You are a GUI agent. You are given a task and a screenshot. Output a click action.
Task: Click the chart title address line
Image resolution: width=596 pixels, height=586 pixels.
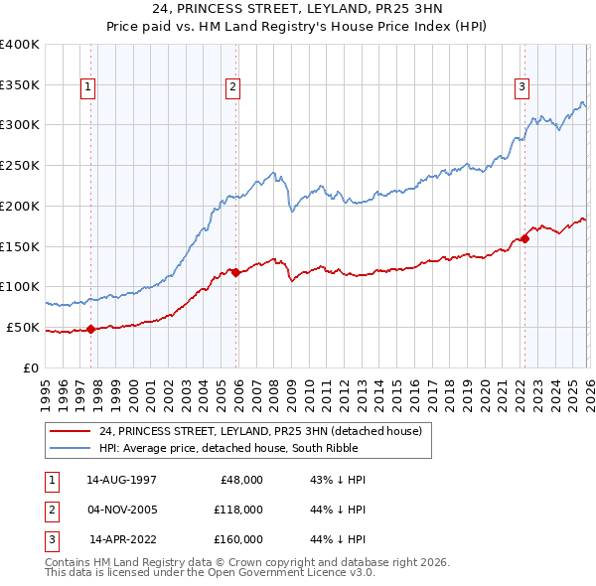click(298, 9)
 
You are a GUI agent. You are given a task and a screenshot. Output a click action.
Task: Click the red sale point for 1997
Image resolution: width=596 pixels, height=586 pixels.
click(90, 329)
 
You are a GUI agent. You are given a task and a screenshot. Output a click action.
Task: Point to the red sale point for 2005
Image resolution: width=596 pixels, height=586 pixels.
click(235, 272)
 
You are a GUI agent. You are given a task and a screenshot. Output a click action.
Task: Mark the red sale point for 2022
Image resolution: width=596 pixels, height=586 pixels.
click(524, 237)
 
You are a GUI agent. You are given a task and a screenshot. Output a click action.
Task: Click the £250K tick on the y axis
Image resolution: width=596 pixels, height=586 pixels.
click(20, 166)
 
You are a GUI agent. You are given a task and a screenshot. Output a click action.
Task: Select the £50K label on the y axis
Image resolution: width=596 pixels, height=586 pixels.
click(23, 327)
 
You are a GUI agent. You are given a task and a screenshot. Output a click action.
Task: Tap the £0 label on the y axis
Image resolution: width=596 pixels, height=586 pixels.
click(31, 367)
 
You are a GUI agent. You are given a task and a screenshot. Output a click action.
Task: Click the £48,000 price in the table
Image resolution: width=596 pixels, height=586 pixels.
click(241, 479)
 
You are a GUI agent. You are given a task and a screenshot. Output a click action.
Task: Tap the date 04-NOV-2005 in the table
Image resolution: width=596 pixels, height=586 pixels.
click(121, 510)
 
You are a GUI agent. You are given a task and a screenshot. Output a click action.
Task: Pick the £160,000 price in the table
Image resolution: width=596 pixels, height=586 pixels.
click(238, 539)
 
